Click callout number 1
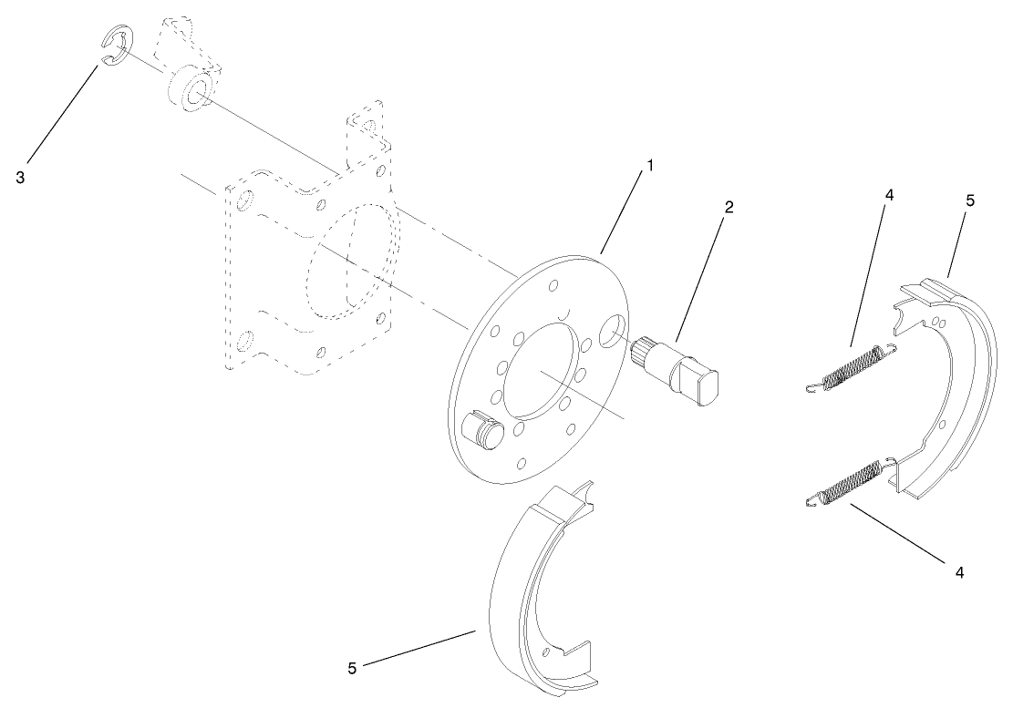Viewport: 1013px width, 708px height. pyautogui.click(x=650, y=167)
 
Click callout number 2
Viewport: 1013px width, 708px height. pyautogui.click(x=729, y=208)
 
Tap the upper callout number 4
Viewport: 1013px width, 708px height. pyautogui.click(x=889, y=194)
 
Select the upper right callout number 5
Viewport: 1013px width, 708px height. pyautogui.click(x=970, y=200)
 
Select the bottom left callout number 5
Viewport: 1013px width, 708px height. pyautogui.click(x=352, y=668)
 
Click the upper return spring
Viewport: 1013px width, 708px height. pyautogui.click(x=853, y=367)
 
